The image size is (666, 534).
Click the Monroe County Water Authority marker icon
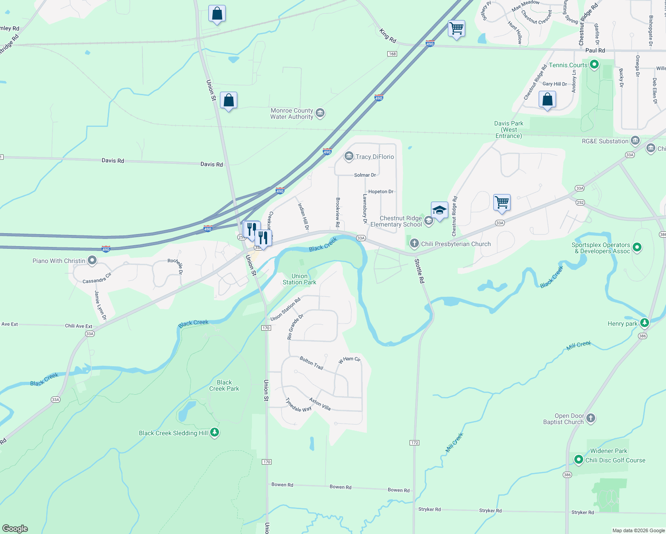click(320, 113)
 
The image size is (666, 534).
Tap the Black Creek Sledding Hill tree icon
click(215, 433)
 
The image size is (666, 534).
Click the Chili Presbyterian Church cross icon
click(414, 243)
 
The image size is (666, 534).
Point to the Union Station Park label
click(299, 279)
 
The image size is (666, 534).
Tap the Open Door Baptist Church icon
click(591, 418)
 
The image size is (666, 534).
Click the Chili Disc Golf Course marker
click(578, 460)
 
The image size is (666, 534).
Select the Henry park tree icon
click(644, 323)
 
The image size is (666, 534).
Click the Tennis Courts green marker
click(594, 65)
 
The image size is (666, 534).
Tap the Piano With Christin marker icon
click(92, 260)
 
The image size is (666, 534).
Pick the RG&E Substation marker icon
click(635, 141)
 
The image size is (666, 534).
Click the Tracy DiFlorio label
click(375, 157)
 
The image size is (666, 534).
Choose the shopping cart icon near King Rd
click(457, 28)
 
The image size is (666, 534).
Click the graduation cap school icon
click(439, 210)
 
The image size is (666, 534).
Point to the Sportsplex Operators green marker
click(637, 247)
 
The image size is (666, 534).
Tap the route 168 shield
click(392, 54)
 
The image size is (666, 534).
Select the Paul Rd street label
click(595, 51)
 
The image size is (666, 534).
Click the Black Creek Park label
click(224, 385)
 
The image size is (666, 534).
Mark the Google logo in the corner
click(15, 529)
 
